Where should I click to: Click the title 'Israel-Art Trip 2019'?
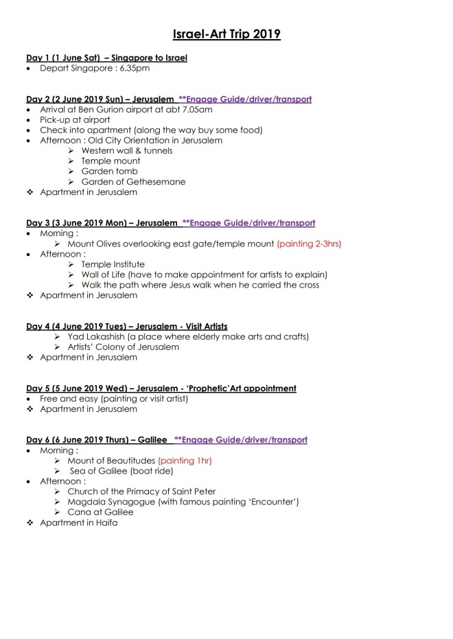point(226,34)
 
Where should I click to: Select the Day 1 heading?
point(106,58)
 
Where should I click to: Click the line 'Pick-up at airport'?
point(75,119)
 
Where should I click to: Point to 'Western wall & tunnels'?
point(126,150)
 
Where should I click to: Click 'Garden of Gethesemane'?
point(133,181)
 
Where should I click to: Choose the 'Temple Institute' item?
point(113,264)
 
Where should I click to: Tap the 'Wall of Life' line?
point(199,274)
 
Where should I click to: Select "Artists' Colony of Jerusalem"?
point(123,347)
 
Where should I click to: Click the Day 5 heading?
point(161,388)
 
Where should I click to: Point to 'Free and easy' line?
point(117,398)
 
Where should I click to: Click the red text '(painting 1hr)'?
point(185,461)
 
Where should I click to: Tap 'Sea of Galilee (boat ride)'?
point(121,471)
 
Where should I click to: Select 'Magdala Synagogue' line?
point(183,502)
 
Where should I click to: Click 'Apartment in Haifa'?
point(78,522)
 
